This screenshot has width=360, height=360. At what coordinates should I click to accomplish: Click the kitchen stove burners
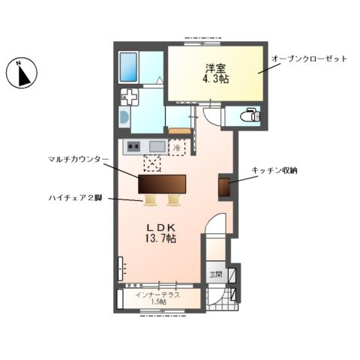pyautogui.click(x=133, y=146)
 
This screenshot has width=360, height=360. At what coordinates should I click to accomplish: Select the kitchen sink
pyautogui.click(x=157, y=146)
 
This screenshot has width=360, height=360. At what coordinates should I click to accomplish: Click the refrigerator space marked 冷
pyautogui.click(x=177, y=148)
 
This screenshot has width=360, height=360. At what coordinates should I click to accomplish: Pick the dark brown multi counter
pyautogui.click(x=161, y=184)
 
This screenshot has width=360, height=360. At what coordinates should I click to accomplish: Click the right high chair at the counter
pyautogui.click(x=174, y=199)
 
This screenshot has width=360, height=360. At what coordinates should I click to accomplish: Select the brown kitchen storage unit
pyautogui.click(x=223, y=186)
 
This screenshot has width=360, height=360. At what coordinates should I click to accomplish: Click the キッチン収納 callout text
pyautogui.click(x=274, y=172)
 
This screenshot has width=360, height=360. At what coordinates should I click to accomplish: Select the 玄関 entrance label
pyautogui.click(x=215, y=274)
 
